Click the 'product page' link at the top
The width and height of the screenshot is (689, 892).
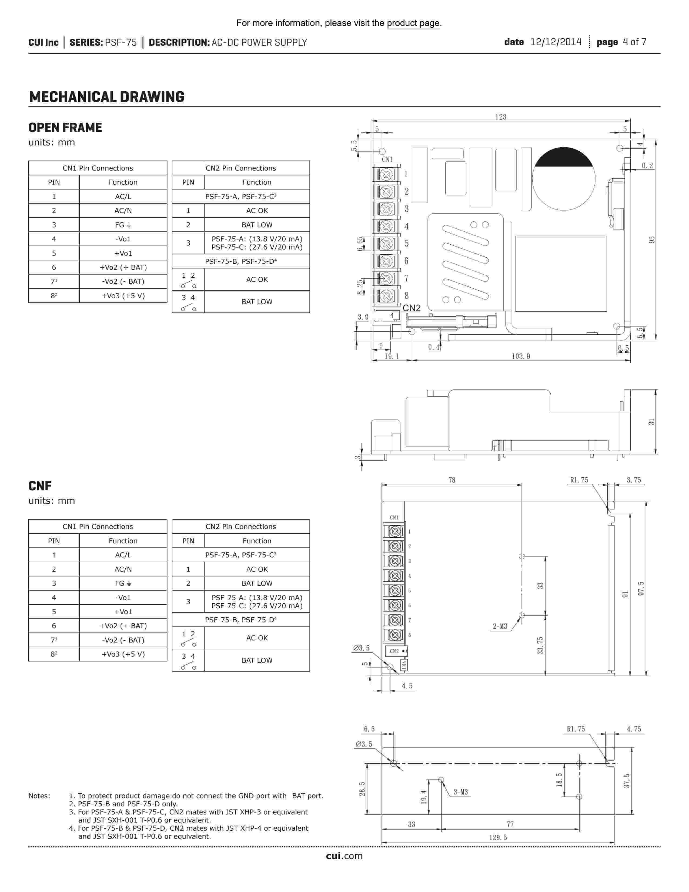pos(413,23)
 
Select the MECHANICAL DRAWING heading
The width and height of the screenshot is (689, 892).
pos(106,97)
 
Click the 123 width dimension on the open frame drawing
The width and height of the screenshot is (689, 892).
pos(500,117)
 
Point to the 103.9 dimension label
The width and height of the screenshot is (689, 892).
pos(521,356)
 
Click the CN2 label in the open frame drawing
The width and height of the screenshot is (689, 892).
pos(412,308)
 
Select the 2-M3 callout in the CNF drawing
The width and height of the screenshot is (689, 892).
pos(500,626)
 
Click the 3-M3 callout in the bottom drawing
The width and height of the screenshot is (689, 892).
pos(460,792)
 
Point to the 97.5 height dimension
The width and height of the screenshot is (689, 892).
pos(641,588)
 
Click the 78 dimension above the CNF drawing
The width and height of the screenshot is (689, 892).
pos(452,480)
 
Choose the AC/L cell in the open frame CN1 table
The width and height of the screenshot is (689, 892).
pos(123,197)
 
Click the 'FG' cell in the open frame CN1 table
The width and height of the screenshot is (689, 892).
pos(123,225)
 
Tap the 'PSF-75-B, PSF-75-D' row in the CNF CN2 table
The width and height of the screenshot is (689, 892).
pos(240,620)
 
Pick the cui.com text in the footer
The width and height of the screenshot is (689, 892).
pos(344,856)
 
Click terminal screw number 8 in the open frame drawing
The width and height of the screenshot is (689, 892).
pos(386,295)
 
